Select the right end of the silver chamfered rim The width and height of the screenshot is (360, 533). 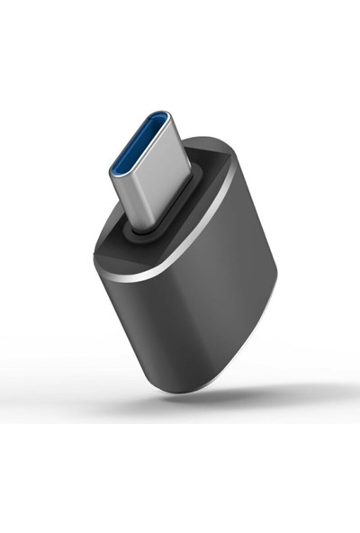click(x=232, y=171)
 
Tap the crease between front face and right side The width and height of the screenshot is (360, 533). click(x=220, y=297)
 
